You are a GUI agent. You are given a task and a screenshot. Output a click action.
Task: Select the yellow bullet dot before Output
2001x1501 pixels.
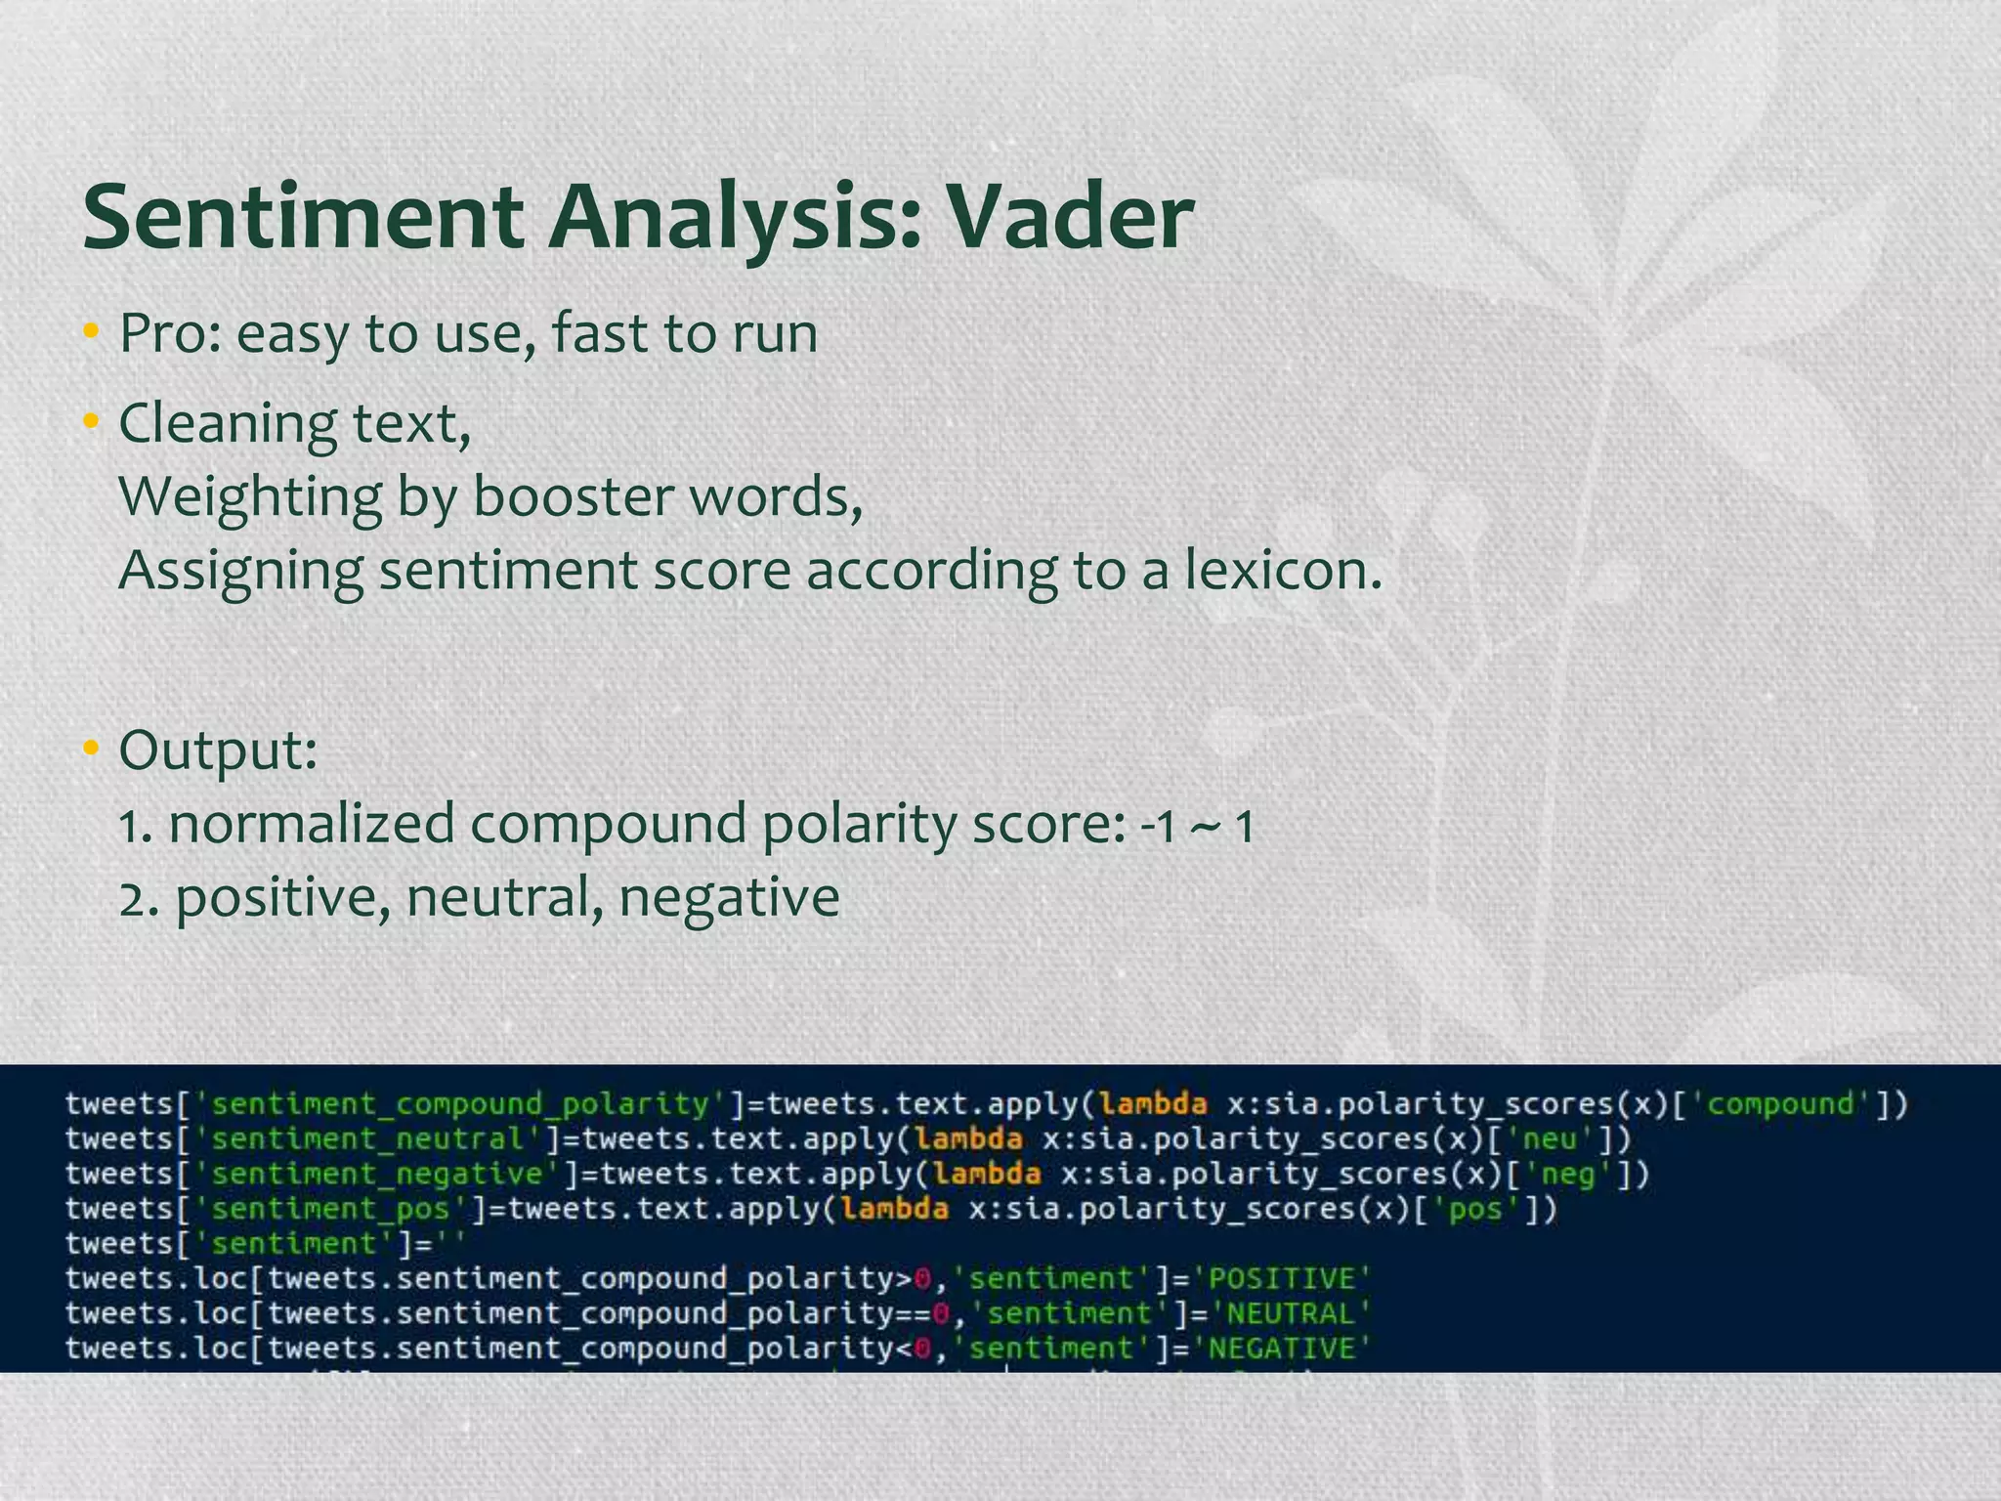coord(91,750)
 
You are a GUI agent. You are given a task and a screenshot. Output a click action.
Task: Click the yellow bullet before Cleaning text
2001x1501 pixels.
coord(91,423)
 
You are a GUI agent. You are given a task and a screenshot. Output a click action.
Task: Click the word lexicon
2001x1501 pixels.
coord(1283,570)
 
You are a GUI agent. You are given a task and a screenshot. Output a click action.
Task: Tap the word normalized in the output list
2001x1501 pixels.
coord(312,824)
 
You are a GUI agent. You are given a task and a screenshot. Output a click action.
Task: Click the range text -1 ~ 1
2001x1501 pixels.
coord(1197,827)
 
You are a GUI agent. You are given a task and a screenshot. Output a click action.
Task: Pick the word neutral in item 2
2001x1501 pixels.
coord(504,897)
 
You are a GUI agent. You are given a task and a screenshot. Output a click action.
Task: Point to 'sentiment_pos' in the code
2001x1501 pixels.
coord(331,1210)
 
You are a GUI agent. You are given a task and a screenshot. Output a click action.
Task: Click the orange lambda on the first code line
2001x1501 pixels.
coord(1153,1104)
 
